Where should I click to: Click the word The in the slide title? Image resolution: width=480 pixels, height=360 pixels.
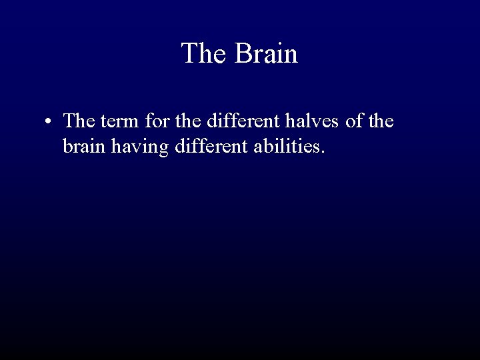[203, 53]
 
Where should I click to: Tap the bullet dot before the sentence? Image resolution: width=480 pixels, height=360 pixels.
[49, 123]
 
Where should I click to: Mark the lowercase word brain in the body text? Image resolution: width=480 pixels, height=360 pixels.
[83, 145]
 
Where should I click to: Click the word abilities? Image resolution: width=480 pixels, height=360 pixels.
[287, 145]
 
